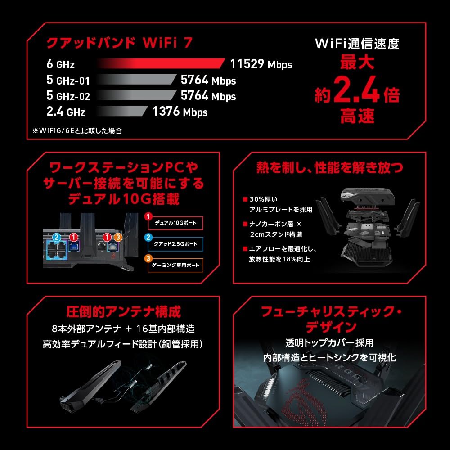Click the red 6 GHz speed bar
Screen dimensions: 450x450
click(161, 63)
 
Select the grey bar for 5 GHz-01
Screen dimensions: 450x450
click(137, 79)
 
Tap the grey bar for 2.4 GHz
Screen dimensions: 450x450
click(122, 111)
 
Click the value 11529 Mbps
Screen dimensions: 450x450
click(261, 64)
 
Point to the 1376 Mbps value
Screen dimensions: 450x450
click(180, 112)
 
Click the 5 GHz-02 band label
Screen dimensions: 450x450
click(68, 95)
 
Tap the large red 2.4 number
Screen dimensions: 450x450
click(356, 90)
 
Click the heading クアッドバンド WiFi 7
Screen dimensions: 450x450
click(119, 42)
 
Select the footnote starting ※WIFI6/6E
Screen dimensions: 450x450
click(77, 131)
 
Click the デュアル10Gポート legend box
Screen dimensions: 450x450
click(175, 223)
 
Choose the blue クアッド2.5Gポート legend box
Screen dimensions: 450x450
click(175, 244)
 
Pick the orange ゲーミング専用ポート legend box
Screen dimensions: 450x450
click(175, 265)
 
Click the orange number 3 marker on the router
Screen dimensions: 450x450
click(118, 237)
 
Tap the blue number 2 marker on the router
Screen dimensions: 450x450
click(57, 237)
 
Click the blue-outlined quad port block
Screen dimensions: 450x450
click(57, 250)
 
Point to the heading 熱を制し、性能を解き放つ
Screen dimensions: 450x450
click(329, 167)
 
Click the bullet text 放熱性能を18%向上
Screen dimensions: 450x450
click(279, 259)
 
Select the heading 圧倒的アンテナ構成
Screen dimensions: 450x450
click(123, 312)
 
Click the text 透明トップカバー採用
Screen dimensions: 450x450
click(329, 342)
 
